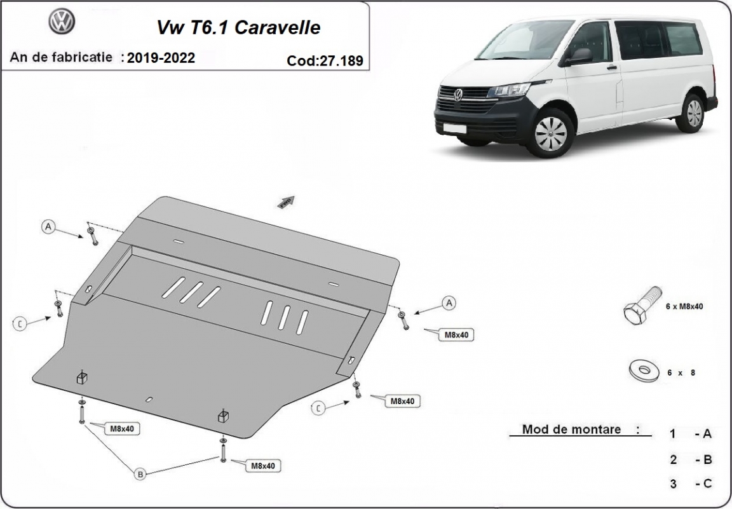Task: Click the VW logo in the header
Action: pyautogui.click(x=62, y=21)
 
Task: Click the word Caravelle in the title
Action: pyautogui.click(x=277, y=27)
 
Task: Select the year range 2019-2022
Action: pyautogui.click(x=161, y=58)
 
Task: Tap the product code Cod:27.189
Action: pyautogui.click(x=325, y=61)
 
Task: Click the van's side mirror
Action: pyautogui.click(x=579, y=57)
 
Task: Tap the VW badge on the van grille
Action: pyautogui.click(x=457, y=95)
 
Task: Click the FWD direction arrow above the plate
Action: pyautogui.click(x=286, y=201)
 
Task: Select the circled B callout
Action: pyautogui.click(x=140, y=475)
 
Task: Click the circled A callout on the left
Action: pyautogui.click(x=48, y=227)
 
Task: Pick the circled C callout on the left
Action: pyautogui.click(x=20, y=323)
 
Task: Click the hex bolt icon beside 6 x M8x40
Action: pyautogui.click(x=642, y=305)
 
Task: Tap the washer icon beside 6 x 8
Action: pyautogui.click(x=644, y=370)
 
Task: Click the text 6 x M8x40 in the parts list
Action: pyautogui.click(x=684, y=306)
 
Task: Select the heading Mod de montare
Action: pyautogui.click(x=571, y=429)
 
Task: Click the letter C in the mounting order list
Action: pyautogui.click(x=707, y=484)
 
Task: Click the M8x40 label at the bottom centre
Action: pyautogui.click(x=263, y=466)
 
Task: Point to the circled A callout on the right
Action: pyautogui.click(x=449, y=303)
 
